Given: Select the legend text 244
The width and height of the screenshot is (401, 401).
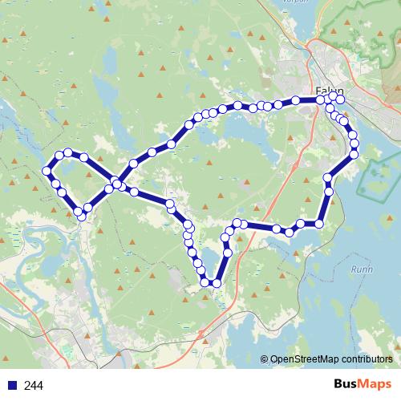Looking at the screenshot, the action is click(34, 386).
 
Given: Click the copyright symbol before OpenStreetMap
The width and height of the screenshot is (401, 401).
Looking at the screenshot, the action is click(264, 359).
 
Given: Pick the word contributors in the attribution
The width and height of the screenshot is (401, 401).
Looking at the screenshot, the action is click(366, 359).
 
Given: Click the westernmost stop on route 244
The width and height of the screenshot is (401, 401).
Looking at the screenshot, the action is click(47, 172).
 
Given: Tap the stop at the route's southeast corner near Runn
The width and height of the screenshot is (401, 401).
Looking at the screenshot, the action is click(319, 224).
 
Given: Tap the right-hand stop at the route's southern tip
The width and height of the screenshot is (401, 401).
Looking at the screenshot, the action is click(217, 282).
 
